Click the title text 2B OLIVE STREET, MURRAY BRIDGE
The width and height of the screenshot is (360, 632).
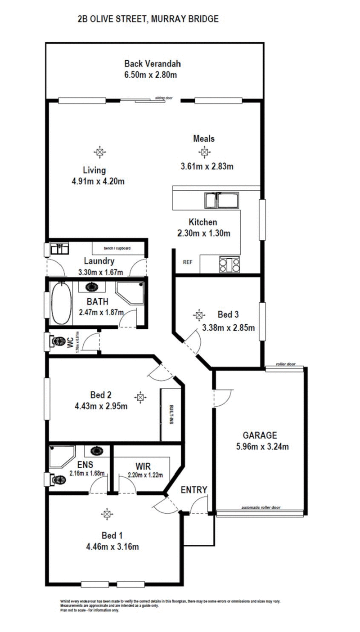click(x=148, y=19)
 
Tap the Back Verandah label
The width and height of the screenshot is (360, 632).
click(x=153, y=64)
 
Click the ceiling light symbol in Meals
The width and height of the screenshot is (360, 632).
click(x=204, y=152)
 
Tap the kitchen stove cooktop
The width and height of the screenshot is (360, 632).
click(x=229, y=265)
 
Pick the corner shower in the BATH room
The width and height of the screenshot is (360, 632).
click(x=131, y=293)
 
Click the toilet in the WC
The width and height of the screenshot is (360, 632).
click(x=56, y=342)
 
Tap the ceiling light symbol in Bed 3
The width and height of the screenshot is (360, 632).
click(x=198, y=315)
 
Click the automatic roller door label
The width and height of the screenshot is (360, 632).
click(x=261, y=507)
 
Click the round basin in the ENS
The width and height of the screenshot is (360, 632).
click(x=96, y=451)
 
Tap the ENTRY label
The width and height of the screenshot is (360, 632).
click(x=194, y=490)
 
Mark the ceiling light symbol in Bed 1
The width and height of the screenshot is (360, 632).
click(x=107, y=513)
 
